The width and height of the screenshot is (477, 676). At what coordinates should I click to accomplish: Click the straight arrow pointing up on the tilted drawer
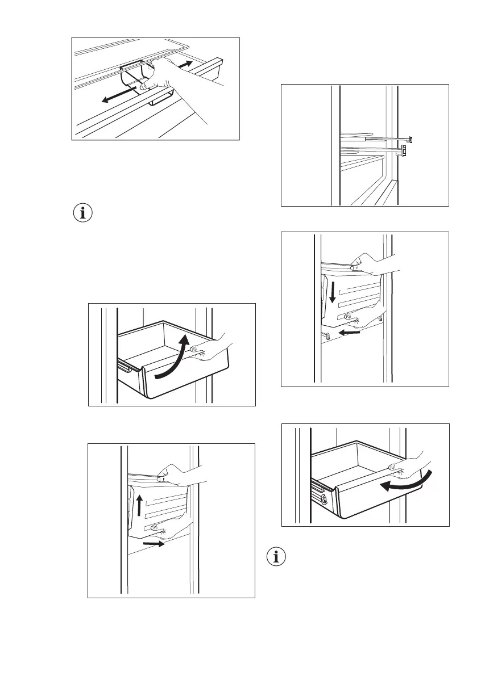[x=138, y=503]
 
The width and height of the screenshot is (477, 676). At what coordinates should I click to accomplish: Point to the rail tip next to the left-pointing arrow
[x=326, y=335]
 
